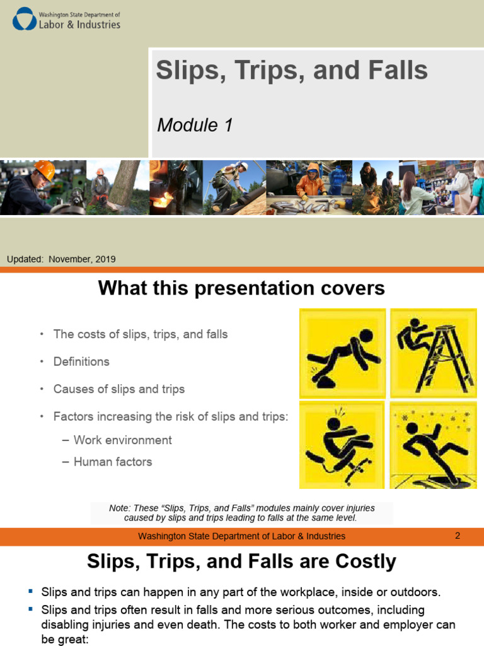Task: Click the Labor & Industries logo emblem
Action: click(x=25, y=19)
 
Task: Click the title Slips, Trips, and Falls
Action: click(x=292, y=70)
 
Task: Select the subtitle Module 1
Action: click(x=195, y=125)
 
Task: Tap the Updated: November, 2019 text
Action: click(x=61, y=259)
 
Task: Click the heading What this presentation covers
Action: click(x=241, y=288)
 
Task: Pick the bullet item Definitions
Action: click(x=81, y=361)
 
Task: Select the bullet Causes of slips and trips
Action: click(x=119, y=389)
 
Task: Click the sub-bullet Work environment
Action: click(x=122, y=440)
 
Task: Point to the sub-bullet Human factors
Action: click(x=113, y=462)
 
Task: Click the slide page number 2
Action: click(x=458, y=536)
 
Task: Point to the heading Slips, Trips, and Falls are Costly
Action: click(x=241, y=561)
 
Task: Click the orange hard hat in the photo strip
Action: click(x=45, y=170)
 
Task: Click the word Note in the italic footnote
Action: click(x=119, y=508)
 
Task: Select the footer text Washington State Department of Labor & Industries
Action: click(x=241, y=536)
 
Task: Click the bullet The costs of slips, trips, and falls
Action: click(x=141, y=334)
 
